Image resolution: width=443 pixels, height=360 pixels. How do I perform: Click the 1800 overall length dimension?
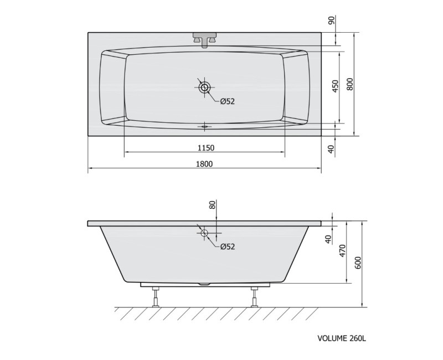(204, 164)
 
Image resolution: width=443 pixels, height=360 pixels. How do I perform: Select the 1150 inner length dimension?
(206, 148)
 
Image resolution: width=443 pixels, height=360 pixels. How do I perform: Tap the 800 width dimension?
(350, 84)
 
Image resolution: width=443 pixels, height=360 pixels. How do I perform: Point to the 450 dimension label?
(335, 86)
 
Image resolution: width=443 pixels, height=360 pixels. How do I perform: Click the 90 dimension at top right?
(332, 20)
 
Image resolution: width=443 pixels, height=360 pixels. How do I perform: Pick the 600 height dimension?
(358, 263)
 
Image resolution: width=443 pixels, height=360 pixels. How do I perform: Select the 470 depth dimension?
(342, 251)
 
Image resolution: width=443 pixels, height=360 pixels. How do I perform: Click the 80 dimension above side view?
(213, 204)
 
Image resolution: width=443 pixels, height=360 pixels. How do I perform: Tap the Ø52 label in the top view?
(228, 101)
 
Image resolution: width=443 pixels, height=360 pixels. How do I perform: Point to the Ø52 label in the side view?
(228, 246)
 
